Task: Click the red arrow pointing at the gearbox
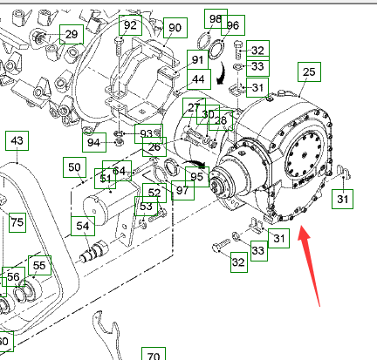[x=308, y=264]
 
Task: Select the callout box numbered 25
[x=309, y=71]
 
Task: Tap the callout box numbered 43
[x=17, y=140]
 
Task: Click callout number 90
[x=175, y=28]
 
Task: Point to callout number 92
[x=130, y=25]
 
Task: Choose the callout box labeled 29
[x=72, y=34]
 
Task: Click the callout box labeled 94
[x=94, y=142]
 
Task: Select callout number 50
[x=74, y=167]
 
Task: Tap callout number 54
[x=83, y=226]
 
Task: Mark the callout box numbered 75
[x=17, y=222]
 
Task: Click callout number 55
[x=39, y=265]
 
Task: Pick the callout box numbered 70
[x=154, y=355]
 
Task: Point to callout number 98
[x=216, y=19]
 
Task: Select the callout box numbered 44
[x=199, y=79]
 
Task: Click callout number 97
[x=182, y=191]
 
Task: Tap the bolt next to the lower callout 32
[x=221, y=245]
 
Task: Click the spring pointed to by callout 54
[x=93, y=251]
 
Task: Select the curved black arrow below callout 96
[x=221, y=72]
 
